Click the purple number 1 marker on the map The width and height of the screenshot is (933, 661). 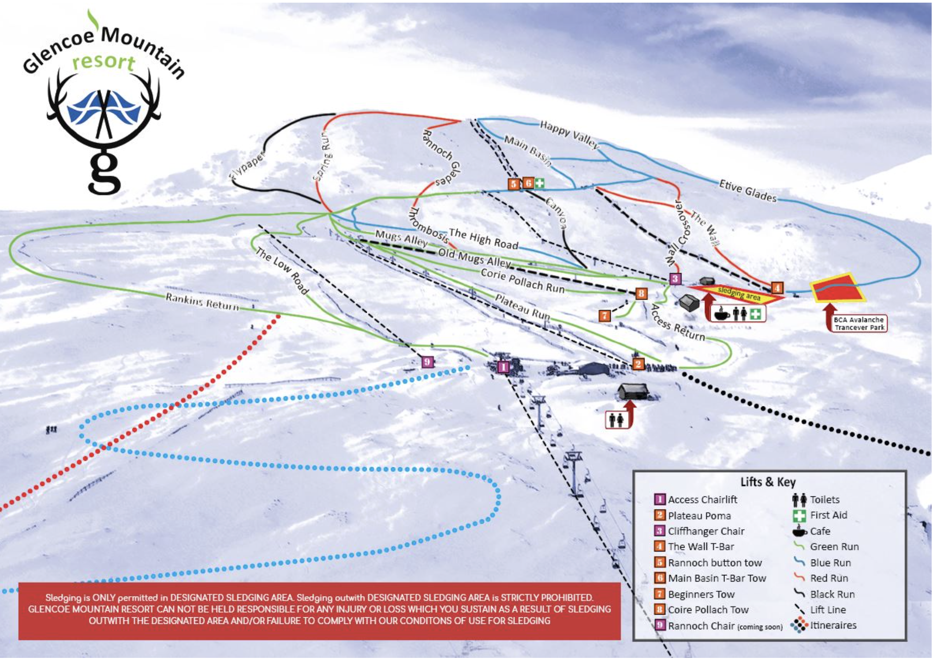pyautogui.click(x=503, y=367)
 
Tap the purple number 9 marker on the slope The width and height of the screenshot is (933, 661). pyautogui.click(x=427, y=362)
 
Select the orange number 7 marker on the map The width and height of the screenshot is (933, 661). pyautogui.click(x=605, y=315)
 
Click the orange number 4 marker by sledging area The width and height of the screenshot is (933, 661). pyautogui.click(x=777, y=288)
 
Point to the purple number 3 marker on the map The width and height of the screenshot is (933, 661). pyautogui.click(x=675, y=278)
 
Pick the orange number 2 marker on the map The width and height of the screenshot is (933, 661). pyautogui.click(x=638, y=364)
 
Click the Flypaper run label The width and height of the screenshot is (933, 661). pyautogui.click(x=247, y=166)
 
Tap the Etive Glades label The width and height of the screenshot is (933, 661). pyautogui.click(x=748, y=191)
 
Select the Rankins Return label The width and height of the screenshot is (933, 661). pyautogui.click(x=202, y=302)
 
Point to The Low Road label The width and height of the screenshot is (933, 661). pyautogui.click(x=282, y=271)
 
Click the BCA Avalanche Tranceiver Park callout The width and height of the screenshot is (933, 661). pyautogui.click(x=858, y=323)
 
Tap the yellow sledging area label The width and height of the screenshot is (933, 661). pyautogui.click(x=739, y=293)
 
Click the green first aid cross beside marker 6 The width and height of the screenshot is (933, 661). pyautogui.click(x=539, y=183)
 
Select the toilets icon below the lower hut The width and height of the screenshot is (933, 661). pyautogui.click(x=616, y=420)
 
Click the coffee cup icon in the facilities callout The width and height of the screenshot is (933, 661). pyautogui.click(x=721, y=314)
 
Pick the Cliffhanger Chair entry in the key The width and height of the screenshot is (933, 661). pyautogui.click(x=706, y=531)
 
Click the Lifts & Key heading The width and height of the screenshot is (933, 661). pyautogui.click(x=768, y=482)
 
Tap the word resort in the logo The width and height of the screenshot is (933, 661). pyautogui.click(x=104, y=62)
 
